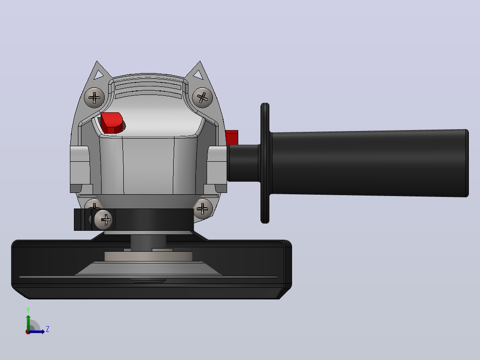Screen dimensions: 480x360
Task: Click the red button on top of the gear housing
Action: pos(112,123)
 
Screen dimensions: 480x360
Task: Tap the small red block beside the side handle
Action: pos(232,138)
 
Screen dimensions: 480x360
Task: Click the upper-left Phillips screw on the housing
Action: pos(94,98)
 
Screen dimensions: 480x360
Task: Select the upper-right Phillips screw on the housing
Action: pos(202,98)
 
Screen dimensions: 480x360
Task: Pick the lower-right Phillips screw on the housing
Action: pos(203,209)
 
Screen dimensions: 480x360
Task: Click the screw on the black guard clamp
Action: pos(103,220)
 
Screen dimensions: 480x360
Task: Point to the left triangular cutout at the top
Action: pos(98,74)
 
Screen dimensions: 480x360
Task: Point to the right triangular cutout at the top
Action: pos(198,74)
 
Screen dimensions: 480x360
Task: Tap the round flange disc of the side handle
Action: pos(265,163)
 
